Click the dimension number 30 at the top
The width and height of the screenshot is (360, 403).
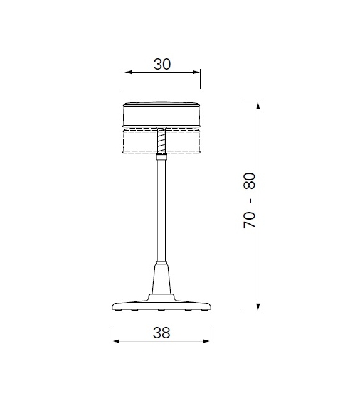click(x=162, y=63)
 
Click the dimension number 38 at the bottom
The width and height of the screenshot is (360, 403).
click(x=161, y=333)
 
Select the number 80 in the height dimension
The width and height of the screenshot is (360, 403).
click(x=250, y=180)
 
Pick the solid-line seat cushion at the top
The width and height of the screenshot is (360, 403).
click(x=162, y=115)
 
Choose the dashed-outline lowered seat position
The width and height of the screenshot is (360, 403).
click(x=138, y=142)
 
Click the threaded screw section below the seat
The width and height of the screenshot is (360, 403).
click(x=162, y=141)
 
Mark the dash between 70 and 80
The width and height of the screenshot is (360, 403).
click(x=250, y=200)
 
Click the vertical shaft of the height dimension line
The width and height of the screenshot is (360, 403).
click(x=258, y=251)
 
